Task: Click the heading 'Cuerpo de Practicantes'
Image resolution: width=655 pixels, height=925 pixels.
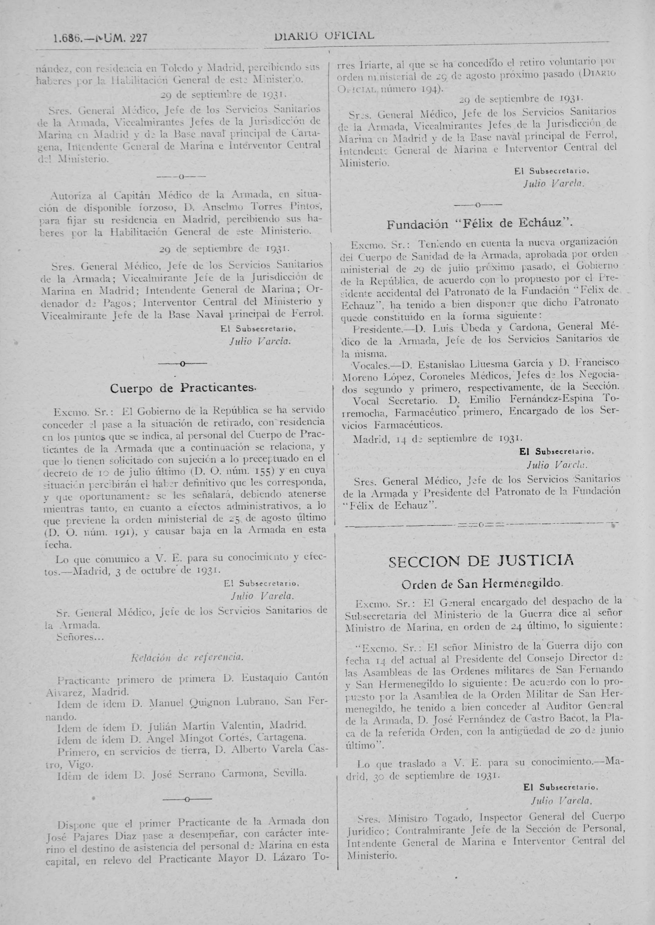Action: click(x=183, y=388)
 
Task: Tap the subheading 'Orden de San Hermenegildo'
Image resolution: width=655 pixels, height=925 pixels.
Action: click(x=482, y=583)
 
